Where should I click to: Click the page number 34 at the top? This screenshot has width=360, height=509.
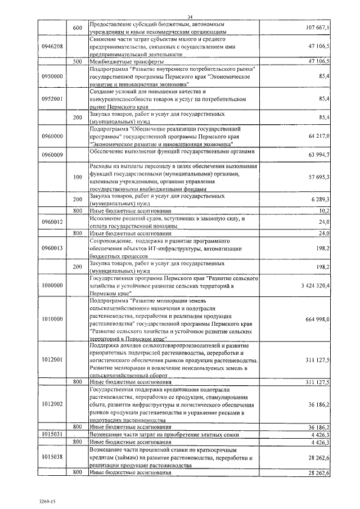[190, 17]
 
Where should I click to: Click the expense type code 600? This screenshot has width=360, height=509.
[78, 28]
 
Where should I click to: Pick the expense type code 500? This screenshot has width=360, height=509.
[78, 61]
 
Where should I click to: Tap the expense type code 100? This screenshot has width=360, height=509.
[78, 177]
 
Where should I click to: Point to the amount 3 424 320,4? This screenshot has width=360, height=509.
[316, 286]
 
